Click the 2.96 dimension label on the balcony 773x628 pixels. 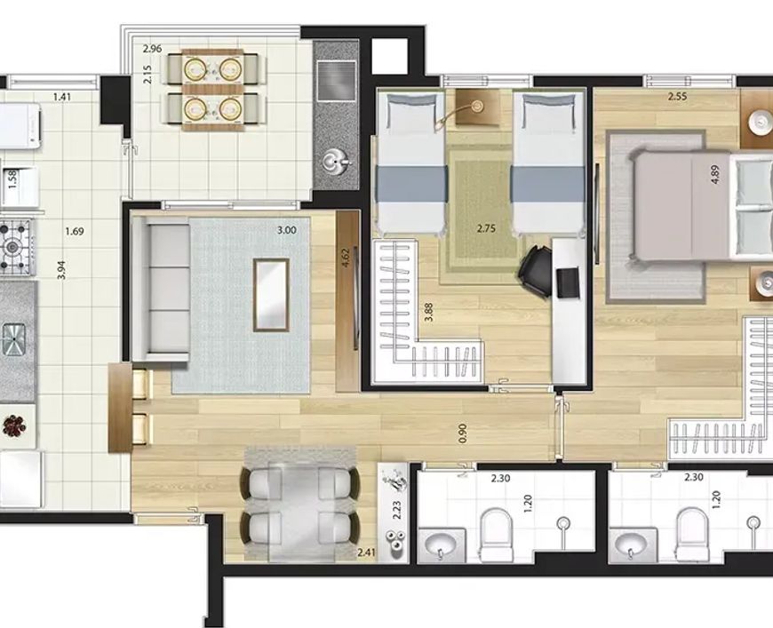(152, 48)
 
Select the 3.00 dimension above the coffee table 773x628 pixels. (287, 230)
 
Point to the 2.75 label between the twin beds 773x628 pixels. (486, 228)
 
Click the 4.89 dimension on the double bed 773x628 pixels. (715, 175)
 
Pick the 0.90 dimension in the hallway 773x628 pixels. (462, 433)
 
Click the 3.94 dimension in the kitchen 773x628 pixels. (61, 270)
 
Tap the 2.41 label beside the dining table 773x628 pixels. (367, 552)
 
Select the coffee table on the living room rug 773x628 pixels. (271, 295)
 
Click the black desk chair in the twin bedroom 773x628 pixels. (536, 271)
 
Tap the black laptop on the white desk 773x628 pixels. (568, 282)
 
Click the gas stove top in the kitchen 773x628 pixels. (16, 246)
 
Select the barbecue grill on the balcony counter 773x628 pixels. (337, 80)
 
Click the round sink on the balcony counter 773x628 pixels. (336, 161)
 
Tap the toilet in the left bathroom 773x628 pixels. (497, 536)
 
